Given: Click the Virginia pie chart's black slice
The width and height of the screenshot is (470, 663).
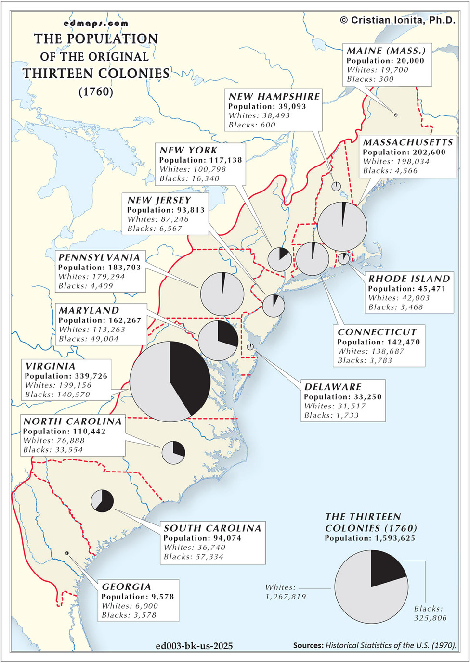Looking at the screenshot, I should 190,373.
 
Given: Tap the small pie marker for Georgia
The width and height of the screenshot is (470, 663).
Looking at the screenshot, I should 67,553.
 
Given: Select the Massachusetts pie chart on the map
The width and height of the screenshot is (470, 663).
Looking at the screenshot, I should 342,227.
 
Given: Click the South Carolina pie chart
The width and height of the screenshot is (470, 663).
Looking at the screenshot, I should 102,501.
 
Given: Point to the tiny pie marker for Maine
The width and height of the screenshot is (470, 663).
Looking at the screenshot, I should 395,115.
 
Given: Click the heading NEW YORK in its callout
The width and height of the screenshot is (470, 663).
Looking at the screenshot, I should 188,150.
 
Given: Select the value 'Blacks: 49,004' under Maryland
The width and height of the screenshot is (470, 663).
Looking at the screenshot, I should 89,339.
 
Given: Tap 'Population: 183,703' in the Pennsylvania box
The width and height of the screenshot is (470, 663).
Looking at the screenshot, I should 99,267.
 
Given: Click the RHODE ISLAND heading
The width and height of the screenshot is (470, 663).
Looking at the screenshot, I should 409,279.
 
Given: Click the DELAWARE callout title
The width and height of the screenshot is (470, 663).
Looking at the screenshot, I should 333,387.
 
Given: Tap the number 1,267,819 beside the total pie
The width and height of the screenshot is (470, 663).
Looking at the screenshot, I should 286,597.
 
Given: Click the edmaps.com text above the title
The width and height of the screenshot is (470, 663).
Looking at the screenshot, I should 96,23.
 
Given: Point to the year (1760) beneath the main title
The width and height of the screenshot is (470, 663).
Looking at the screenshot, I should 96,91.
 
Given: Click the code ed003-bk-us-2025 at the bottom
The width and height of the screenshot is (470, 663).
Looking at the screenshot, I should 194,646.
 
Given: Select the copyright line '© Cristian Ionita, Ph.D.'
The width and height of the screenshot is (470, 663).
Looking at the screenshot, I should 397,20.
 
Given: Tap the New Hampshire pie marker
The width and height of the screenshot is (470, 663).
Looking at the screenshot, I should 336,186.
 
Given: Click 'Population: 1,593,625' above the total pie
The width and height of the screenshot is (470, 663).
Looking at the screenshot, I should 369,538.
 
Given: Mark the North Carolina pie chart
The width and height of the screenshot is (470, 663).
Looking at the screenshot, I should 173,452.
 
